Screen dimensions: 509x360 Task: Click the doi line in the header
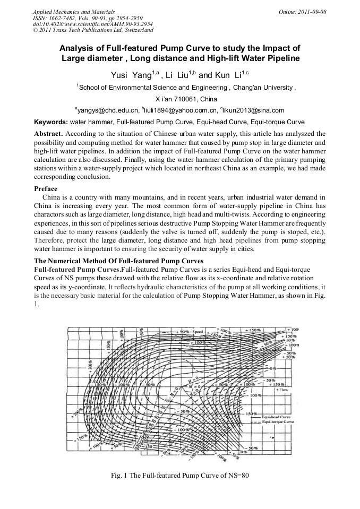pos(93,24)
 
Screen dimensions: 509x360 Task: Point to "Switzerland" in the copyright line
pos(137,31)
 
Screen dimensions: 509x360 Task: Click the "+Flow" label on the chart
pos(283,390)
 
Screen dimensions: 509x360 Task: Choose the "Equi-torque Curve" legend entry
pos(279,422)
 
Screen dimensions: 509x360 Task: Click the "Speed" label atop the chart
pos(198,332)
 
